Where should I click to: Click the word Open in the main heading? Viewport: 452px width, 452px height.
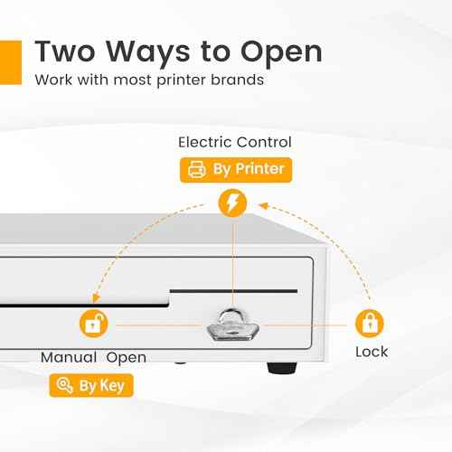click(x=281, y=52)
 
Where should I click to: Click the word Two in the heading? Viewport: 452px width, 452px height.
click(x=65, y=52)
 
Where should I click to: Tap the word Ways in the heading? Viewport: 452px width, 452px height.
click(x=148, y=53)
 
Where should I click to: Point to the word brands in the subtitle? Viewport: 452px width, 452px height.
click(x=237, y=80)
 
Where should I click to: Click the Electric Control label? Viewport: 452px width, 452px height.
click(x=235, y=142)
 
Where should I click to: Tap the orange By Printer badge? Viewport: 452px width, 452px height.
click(x=236, y=170)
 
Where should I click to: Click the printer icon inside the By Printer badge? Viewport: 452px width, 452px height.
click(x=197, y=169)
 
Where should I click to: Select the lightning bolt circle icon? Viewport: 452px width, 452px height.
click(x=232, y=202)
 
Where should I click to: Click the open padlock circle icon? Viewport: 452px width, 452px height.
click(x=94, y=324)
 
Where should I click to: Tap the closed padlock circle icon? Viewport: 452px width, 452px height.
click(x=370, y=324)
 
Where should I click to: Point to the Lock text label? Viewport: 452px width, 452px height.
click(x=372, y=352)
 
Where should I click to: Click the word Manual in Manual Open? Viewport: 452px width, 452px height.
click(x=69, y=357)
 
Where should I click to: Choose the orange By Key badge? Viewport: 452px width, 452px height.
click(x=91, y=385)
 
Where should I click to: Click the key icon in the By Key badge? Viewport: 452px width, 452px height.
click(x=64, y=385)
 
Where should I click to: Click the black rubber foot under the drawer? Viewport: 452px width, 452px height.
click(x=282, y=368)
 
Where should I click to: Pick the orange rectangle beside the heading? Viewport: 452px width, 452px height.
click(x=11, y=62)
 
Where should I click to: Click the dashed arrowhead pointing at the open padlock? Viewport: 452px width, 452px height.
click(x=96, y=297)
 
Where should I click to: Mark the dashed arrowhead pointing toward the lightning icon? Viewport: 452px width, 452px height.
click(x=263, y=206)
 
